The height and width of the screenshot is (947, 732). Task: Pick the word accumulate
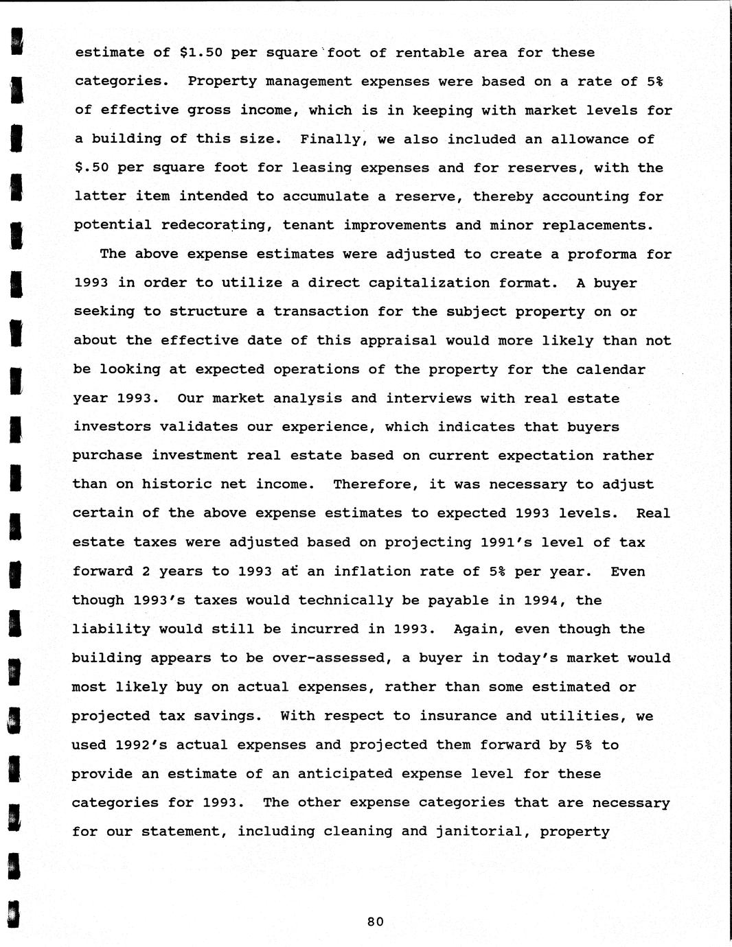pyautogui.click(x=325, y=197)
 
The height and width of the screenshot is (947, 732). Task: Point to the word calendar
pyautogui.click(x=611, y=370)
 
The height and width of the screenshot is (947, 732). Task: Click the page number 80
pyautogui.click(x=375, y=922)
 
